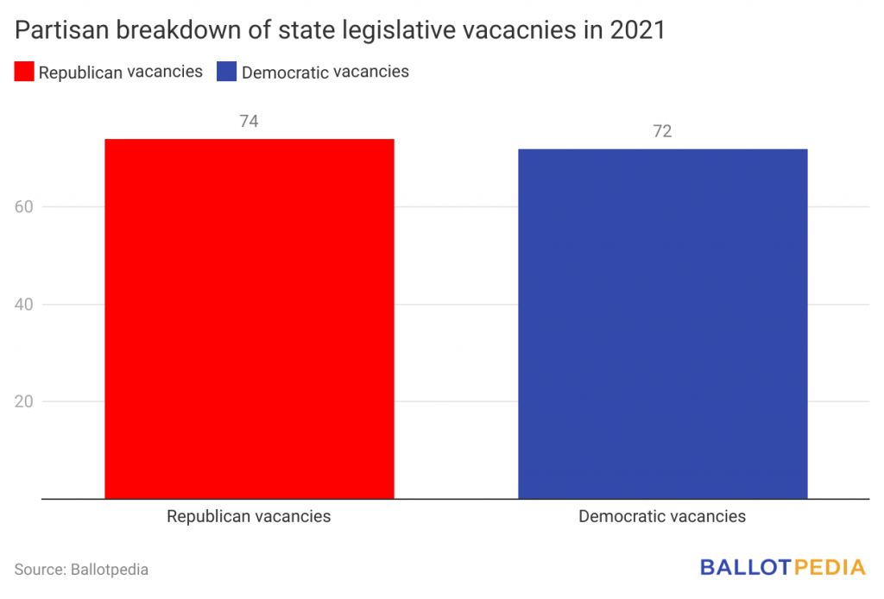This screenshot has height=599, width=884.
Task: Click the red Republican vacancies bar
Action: click(249, 318)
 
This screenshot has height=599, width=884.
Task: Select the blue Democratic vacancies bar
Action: click(662, 324)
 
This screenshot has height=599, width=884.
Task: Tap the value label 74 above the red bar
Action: click(249, 122)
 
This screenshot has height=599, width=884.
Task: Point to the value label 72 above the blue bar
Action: click(662, 132)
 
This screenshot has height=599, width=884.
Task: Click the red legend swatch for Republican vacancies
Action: click(24, 72)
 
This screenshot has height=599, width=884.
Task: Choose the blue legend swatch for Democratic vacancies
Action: click(227, 72)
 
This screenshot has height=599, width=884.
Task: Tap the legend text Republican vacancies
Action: click(121, 72)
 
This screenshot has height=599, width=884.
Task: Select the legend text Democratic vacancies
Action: click(325, 72)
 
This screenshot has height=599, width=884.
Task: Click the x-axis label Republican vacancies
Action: click(249, 517)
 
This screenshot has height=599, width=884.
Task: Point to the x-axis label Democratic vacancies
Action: click(662, 517)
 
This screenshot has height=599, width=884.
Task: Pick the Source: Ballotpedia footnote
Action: click(81, 570)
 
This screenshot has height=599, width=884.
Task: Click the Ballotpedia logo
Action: click(782, 567)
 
